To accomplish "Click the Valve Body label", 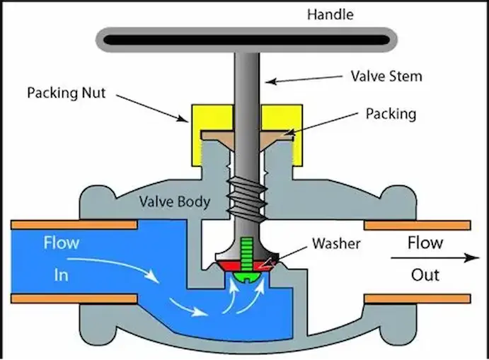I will point(174,202).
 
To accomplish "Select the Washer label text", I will point(336,244).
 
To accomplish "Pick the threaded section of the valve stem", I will point(244,195).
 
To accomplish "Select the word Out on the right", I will point(425,274).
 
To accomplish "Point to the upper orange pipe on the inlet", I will point(74,225).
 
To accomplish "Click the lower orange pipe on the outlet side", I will point(417,298).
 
